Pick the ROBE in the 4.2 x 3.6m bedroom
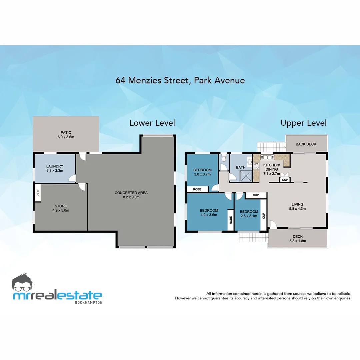(230, 220)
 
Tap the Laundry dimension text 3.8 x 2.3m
(55, 171)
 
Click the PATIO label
(66, 133)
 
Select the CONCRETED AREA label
(131, 193)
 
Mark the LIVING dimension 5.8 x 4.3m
(297, 209)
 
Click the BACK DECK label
(306, 144)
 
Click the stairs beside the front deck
(253, 237)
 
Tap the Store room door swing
(82, 187)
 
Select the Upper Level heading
(303, 123)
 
